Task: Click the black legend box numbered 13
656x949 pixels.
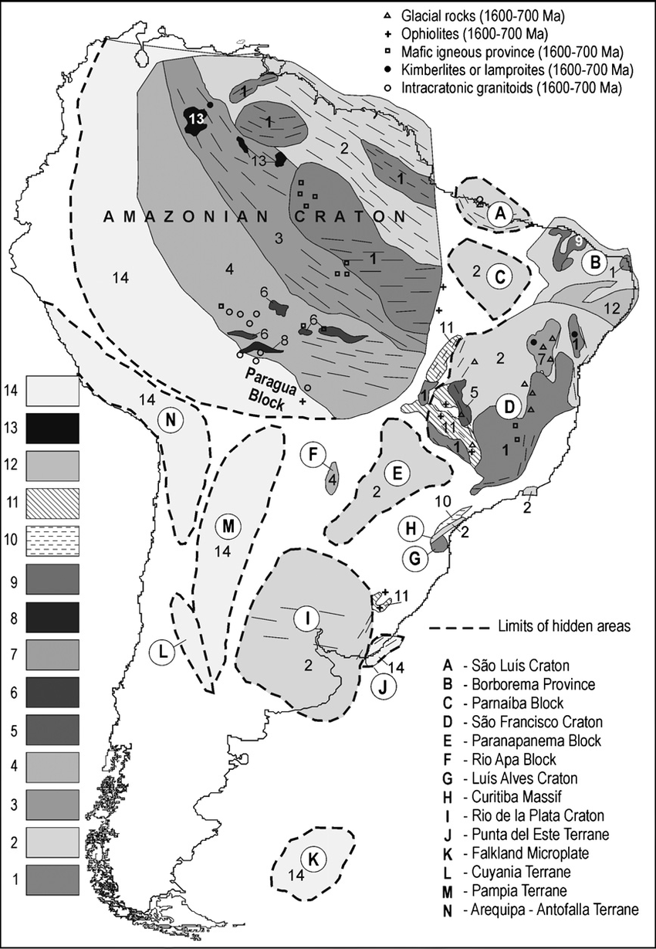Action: pos(52,428)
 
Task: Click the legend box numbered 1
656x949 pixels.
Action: pos(52,880)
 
